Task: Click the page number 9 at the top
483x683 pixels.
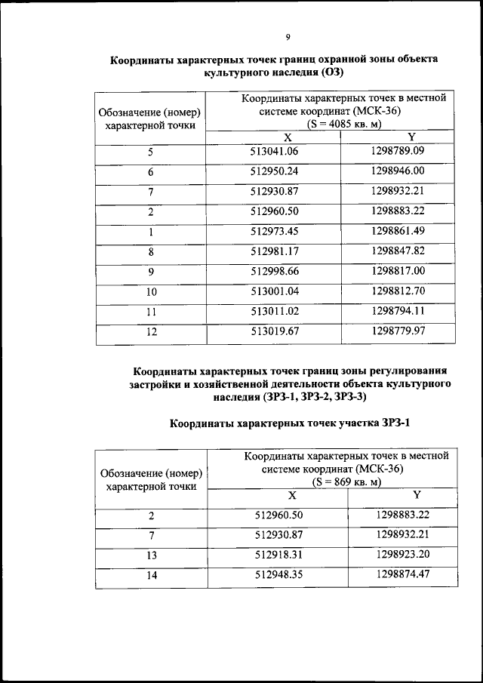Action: tap(288, 36)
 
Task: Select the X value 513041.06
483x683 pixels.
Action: tap(280, 151)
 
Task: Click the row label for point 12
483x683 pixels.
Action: tap(150, 331)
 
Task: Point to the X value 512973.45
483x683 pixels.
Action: tap(280, 230)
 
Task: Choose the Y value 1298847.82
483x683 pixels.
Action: tap(398, 250)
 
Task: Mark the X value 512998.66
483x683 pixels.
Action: tap(280, 270)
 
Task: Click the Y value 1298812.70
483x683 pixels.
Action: tap(398, 290)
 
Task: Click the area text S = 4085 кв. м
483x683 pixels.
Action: tap(343, 124)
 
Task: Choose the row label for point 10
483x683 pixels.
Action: tap(150, 291)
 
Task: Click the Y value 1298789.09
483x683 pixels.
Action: tap(398, 150)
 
